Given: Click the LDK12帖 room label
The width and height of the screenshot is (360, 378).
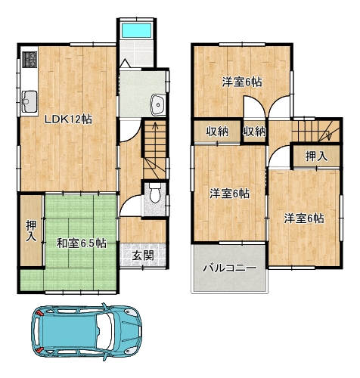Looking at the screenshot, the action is (68, 119).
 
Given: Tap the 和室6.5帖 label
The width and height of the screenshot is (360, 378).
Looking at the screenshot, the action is (81, 243).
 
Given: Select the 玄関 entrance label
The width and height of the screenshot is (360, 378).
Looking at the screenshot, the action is (143, 256).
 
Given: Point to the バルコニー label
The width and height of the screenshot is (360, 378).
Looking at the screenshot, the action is (230, 268).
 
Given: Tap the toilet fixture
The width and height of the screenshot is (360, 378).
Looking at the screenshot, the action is (155, 193).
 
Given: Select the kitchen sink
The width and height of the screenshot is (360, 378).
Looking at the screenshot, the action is (29, 102).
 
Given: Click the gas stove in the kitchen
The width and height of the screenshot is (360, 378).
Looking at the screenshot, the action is (29, 60).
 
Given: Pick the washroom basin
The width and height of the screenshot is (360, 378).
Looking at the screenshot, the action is (158, 105).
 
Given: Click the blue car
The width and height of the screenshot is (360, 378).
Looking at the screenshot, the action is (86, 332).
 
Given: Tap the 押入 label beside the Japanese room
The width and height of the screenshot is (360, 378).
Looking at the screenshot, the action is (31, 231).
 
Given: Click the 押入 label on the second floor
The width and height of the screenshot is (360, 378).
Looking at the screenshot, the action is (316, 156).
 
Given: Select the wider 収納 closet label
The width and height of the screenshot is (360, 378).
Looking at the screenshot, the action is (217, 132).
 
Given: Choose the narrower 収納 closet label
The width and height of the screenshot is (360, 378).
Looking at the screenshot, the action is (254, 132).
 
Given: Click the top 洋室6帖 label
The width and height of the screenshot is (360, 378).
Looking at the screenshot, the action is (242, 82).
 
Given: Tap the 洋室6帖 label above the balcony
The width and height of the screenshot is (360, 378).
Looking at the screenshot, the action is (230, 194).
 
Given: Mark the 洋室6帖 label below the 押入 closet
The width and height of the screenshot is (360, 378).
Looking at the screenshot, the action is (304, 218).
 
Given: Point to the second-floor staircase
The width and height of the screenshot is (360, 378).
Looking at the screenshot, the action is (316, 131).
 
